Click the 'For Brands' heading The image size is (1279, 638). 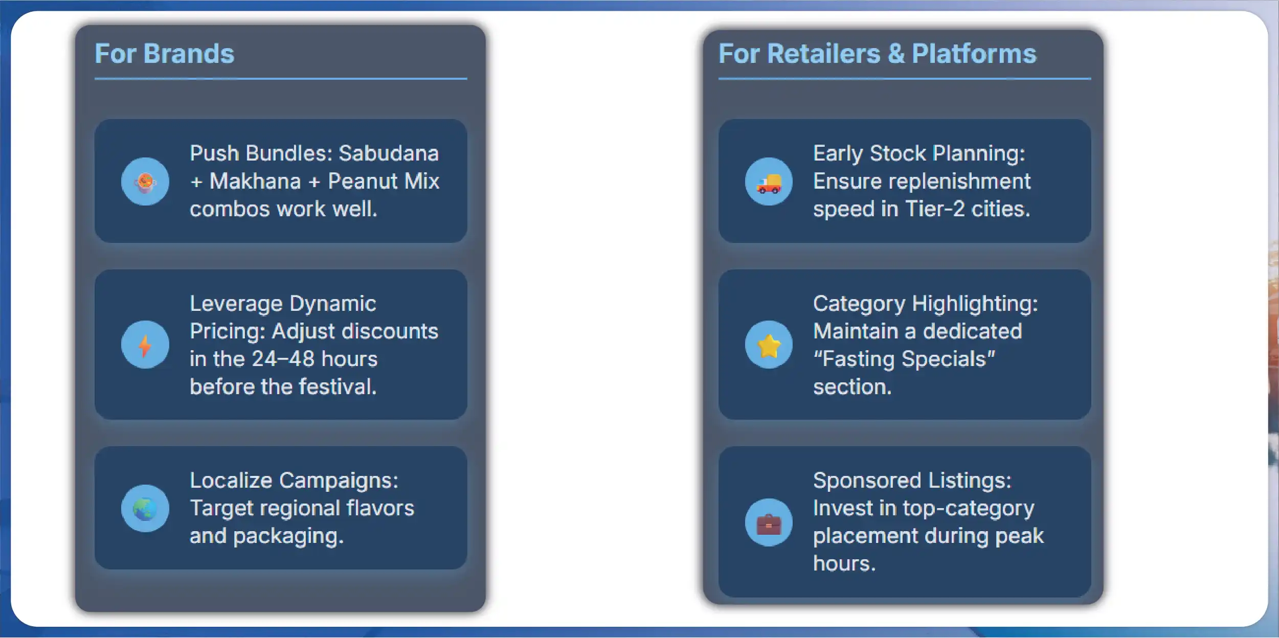click(x=164, y=54)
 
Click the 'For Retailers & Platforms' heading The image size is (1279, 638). click(x=877, y=54)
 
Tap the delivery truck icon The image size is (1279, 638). click(x=769, y=183)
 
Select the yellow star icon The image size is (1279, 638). click(x=769, y=345)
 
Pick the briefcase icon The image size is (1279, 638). click(x=769, y=523)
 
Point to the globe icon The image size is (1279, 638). click(x=145, y=509)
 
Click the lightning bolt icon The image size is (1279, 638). click(x=145, y=345)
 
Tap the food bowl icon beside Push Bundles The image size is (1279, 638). click(x=145, y=182)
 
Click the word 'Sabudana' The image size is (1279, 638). click(x=389, y=153)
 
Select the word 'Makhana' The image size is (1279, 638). click(x=255, y=181)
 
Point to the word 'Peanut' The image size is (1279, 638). click(x=363, y=181)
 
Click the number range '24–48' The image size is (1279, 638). click(x=283, y=359)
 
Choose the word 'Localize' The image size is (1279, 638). click(x=231, y=481)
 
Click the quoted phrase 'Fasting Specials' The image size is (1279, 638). click(x=904, y=359)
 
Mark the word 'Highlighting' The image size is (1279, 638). click(x=975, y=304)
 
